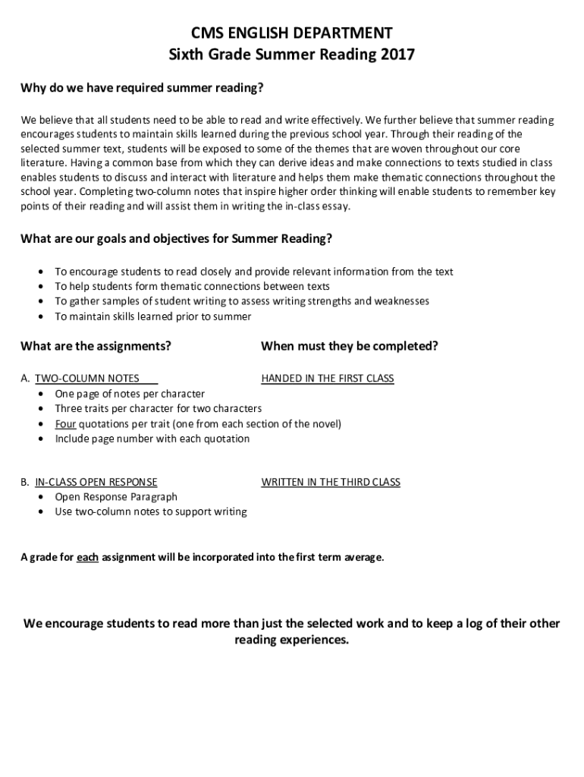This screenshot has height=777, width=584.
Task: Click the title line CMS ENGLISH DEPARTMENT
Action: pos(291,33)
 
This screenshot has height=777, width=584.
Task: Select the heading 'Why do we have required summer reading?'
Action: pos(142,88)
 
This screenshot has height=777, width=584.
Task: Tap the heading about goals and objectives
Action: pos(176,238)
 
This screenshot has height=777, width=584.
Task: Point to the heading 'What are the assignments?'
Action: pos(96,346)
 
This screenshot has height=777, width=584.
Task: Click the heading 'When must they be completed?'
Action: pos(350,346)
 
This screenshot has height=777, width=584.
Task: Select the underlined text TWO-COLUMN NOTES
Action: pos(87,378)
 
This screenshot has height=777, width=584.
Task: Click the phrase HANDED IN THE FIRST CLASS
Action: pos(328,378)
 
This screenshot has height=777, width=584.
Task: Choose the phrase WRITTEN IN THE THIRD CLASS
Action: pos(331,482)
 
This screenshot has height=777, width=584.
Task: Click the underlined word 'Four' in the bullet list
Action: pos(65,423)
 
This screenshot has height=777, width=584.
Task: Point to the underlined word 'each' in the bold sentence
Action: pos(88,558)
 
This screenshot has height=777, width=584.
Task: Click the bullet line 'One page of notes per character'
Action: pos(130,393)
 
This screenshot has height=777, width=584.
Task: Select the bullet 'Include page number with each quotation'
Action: pos(152,439)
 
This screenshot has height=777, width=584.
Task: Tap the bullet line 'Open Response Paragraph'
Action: pos(116,497)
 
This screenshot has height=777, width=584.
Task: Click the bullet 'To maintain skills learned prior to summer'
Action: pos(152,316)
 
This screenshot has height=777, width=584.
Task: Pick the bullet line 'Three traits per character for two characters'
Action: pos(158,408)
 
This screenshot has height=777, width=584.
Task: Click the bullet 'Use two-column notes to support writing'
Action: pos(150,511)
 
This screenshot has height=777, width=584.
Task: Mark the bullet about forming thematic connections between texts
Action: pos(192,286)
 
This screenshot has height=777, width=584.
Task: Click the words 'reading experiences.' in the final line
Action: pos(291,640)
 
